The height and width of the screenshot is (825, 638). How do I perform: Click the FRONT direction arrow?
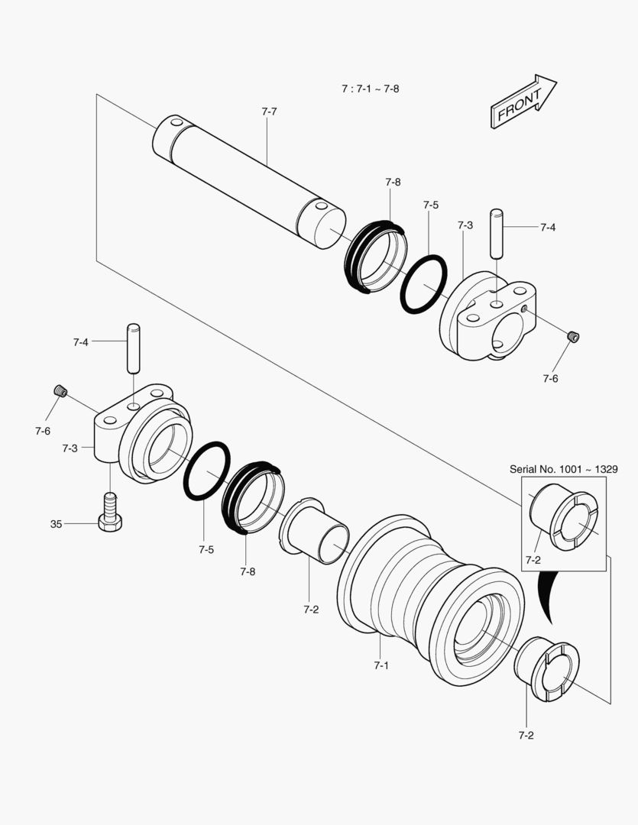[523, 102]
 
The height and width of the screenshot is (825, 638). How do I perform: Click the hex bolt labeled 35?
[110, 513]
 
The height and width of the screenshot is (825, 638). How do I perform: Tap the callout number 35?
[56, 524]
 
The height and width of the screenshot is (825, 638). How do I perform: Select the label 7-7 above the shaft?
[269, 112]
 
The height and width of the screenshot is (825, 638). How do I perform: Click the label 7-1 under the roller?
[381, 665]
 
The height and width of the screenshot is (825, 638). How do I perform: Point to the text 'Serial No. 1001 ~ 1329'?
[563, 469]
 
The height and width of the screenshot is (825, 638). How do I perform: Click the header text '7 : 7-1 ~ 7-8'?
[370, 89]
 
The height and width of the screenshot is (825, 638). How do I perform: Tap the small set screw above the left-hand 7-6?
[60, 392]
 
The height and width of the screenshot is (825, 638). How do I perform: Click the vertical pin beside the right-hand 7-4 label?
[497, 234]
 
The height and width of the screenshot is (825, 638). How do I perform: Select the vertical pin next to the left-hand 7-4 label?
[133, 348]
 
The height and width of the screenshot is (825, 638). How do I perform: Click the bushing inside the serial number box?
[563, 518]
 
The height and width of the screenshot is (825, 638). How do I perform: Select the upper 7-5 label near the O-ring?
[431, 205]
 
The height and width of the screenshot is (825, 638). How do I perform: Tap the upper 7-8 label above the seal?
[393, 182]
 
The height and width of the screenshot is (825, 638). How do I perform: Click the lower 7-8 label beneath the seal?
[248, 571]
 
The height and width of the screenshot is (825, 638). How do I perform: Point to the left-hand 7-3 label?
[70, 448]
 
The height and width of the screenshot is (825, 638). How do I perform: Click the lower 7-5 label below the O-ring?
[206, 548]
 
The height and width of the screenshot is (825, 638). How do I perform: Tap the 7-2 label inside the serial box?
[533, 560]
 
